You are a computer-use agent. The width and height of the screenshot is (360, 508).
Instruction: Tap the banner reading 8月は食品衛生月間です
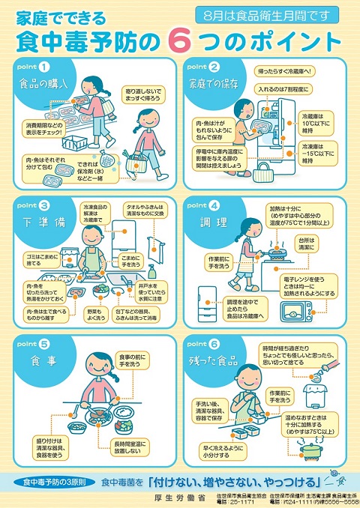[260, 14]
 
